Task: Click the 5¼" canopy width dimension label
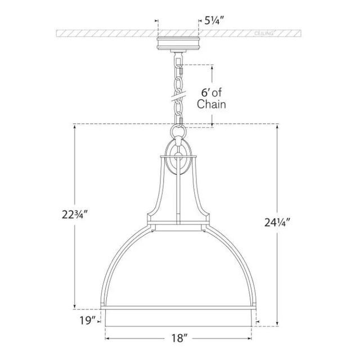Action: coord(214,21)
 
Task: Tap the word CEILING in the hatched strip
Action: coord(264,34)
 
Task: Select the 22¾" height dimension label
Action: coord(75,215)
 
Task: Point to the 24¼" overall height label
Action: coord(277,222)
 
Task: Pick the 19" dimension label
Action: coord(88,320)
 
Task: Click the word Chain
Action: coord(211,104)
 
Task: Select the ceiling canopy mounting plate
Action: coord(178,43)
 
